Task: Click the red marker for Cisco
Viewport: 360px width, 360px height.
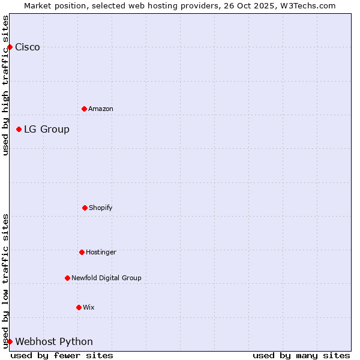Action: [10, 47]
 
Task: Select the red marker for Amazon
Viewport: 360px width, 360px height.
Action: [84, 109]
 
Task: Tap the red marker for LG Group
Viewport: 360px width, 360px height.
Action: [19, 129]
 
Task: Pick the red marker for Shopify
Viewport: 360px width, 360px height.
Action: [85, 208]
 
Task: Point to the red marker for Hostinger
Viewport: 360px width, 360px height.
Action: [82, 252]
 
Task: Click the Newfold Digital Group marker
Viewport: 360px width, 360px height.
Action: [67, 278]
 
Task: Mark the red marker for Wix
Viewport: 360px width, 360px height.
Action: [79, 307]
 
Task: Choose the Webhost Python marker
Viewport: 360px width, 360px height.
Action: [10, 341]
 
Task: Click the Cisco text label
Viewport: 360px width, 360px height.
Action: [28, 47]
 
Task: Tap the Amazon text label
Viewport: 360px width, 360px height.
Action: [101, 109]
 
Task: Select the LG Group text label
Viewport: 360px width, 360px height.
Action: [47, 130]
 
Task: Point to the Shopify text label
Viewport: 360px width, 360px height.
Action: [101, 208]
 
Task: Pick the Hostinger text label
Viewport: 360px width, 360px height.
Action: [101, 253]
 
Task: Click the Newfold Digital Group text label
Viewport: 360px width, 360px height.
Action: [106, 278]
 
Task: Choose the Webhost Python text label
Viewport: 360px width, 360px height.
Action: [54, 342]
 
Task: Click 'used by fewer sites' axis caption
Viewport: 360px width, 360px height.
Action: [62, 355]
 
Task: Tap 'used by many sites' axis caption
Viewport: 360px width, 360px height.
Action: [301, 355]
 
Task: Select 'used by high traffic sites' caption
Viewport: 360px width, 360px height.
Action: [5, 85]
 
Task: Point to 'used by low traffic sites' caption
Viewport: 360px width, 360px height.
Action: [5, 280]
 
